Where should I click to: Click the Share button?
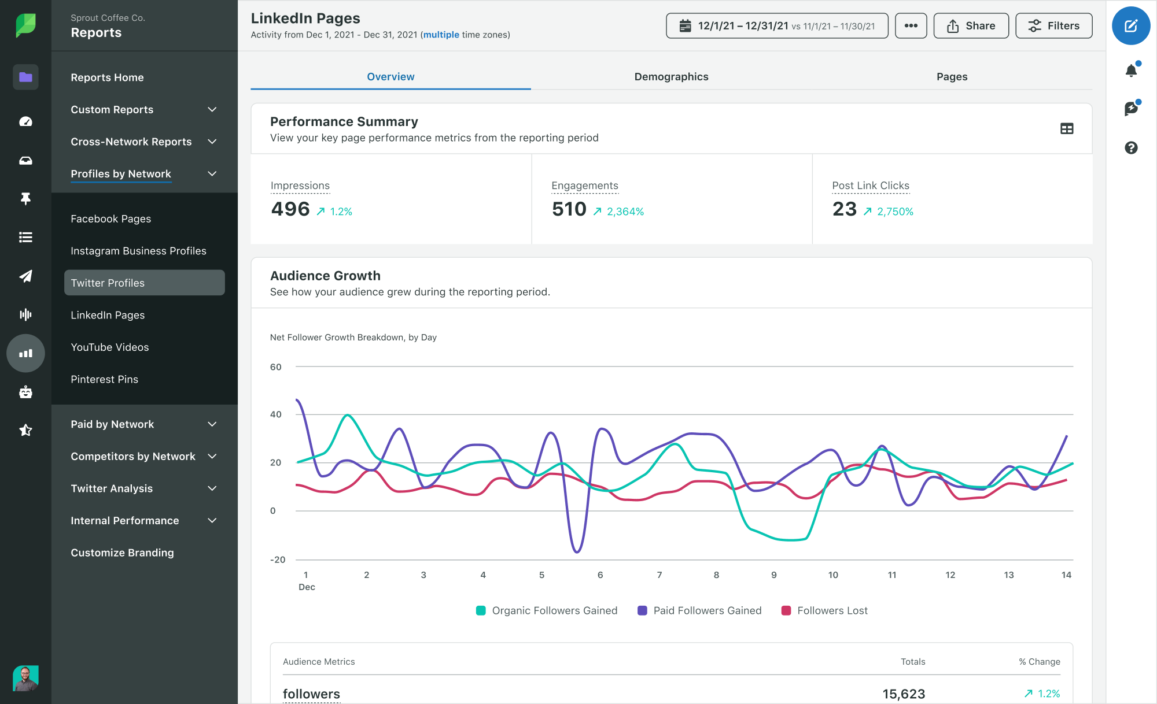point(971,26)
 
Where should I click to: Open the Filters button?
point(1053,26)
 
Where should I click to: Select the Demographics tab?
point(671,77)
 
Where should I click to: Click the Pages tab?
point(952,77)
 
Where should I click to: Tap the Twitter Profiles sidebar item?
point(144,283)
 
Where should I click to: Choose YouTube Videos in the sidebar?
point(110,347)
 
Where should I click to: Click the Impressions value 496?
point(290,209)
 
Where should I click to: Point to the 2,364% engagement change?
point(625,212)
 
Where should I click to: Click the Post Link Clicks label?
point(870,186)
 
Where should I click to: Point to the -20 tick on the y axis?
point(278,560)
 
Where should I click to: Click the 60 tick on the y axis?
point(276,367)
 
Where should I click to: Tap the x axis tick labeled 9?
point(773,575)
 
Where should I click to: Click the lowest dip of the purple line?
point(576,552)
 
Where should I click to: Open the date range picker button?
point(777,26)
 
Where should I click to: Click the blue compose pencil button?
point(1130,26)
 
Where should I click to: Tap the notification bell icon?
point(1131,71)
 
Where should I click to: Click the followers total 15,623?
point(904,694)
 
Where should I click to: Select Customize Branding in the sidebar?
point(122,553)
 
